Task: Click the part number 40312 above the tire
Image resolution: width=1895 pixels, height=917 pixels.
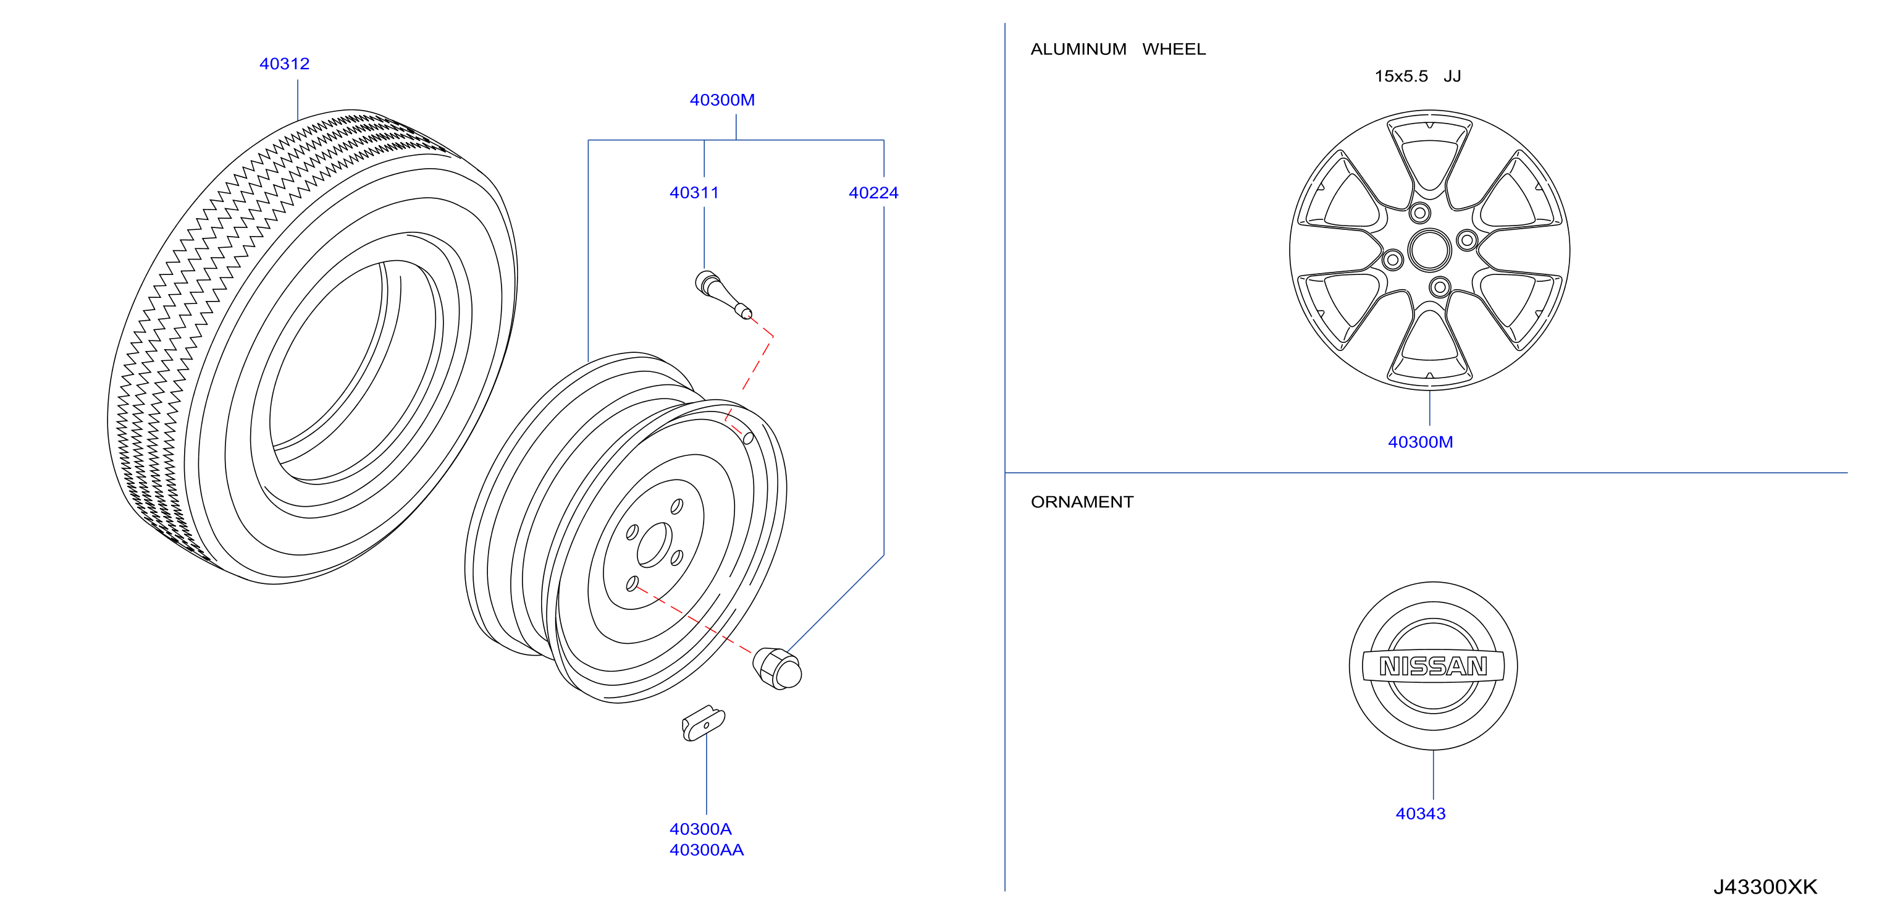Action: tap(284, 64)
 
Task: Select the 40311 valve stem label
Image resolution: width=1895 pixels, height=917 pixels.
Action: tap(694, 193)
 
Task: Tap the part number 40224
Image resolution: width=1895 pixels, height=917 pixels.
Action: tap(873, 193)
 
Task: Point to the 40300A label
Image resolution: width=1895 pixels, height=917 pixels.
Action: tap(700, 829)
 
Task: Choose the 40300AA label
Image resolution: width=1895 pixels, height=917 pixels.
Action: tap(706, 850)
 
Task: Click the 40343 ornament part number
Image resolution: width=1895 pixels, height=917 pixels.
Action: tap(1420, 814)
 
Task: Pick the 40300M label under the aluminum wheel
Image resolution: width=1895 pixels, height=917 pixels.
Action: tap(1420, 442)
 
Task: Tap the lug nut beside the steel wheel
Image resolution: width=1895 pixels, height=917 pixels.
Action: tap(777, 668)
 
